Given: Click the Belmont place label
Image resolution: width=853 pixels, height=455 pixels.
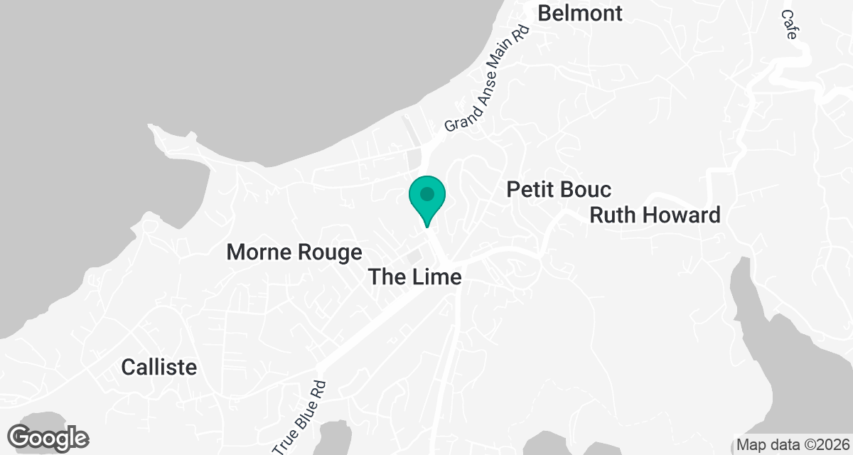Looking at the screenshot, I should [x=580, y=13].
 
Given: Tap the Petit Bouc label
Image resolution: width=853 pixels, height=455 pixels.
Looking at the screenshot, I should [x=559, y=190].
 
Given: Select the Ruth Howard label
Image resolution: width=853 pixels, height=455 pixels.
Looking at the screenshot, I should [x=655, y=215].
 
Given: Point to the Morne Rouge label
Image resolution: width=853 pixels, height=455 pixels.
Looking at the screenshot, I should [x=294, y=252].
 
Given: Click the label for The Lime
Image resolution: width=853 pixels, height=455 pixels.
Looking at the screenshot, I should [x=415, y=277].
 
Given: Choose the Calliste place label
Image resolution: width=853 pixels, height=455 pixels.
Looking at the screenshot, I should [x=159, y=367].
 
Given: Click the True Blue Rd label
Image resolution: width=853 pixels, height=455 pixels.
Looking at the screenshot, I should [x=300, y=417].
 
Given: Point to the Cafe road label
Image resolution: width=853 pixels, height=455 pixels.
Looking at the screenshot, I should [x=788, y=24].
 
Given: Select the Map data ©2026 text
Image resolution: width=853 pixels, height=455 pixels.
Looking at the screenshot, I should [x=791, y=445].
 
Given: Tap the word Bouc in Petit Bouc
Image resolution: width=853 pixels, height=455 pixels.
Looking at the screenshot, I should [x=587, y=190].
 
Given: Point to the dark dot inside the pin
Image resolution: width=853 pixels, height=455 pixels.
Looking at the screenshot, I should [x=426, y=193].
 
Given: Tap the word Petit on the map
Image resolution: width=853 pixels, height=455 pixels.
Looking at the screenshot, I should [x=530, y=190].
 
